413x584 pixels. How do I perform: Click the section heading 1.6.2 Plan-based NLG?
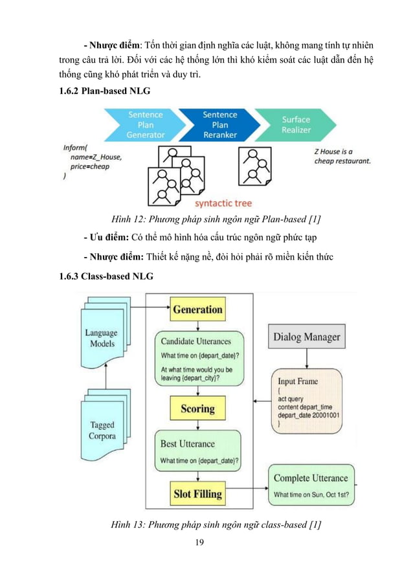pos(104,91)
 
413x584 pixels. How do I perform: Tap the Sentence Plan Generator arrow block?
pos(144,125)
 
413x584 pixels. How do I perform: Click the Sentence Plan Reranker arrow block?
pos(219,125)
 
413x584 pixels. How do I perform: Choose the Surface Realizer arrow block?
pos(295,125)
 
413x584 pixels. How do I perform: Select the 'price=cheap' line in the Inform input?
pos(90,166)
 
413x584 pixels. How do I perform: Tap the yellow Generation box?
pos(197,309)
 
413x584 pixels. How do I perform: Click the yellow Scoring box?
pos(197,409)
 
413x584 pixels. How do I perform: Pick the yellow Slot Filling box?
pos(197,494)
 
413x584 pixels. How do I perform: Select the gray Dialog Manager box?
pos(306,337)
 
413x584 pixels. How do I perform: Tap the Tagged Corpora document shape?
pos(102,430)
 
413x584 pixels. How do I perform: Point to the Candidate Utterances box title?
pos(195,341)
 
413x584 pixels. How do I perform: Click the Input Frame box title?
pos(298,381)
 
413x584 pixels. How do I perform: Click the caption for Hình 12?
pos(208,217)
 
